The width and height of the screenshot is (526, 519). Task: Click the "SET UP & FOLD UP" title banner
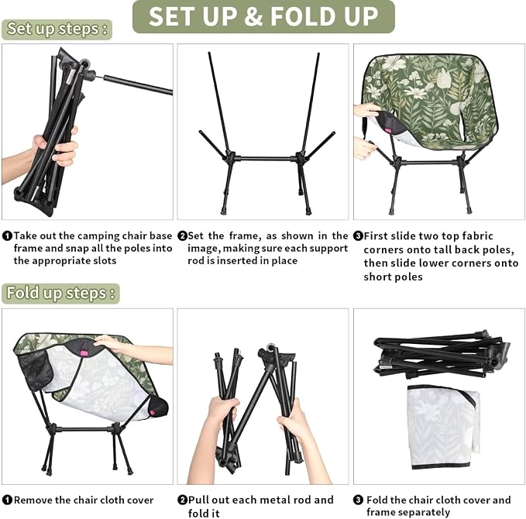pyautogui.click(x=263, y=16)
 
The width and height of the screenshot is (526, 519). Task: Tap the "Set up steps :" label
pyautogui.click(x=57, y=29)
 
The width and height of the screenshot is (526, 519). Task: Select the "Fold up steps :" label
pyautogui.click(x=60, y=294)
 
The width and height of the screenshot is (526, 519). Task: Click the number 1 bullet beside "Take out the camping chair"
pyautogui.click(x=7, y=235)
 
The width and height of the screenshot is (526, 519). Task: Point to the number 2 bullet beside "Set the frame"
pyautogui.click(x=182, y=235)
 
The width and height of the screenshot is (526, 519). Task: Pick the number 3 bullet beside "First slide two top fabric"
pyautogui.click(x=358, y=235)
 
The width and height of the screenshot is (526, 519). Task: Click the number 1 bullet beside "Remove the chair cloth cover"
pyautogui.click(x=7, y=500)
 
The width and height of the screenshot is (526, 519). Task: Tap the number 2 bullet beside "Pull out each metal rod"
pyautogui.click(x=182, y=500)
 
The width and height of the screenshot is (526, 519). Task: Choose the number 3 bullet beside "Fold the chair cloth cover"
pyautogui.click(x=358, y=500)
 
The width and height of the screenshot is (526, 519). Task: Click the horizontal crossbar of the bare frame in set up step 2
pyautogui.click(x=265, y=158)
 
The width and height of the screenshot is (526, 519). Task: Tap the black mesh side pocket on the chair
pyautogui.click(x=35, y=369)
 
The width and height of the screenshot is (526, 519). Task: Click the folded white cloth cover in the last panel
pyautogui.click(x=443, y=427)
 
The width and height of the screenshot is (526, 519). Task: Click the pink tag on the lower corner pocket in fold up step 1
pyautogui.click(x=153, y=412)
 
